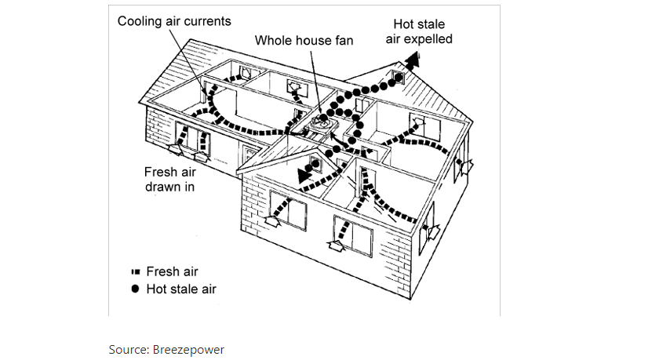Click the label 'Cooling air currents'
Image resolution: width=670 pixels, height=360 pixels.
(x=174, y=21)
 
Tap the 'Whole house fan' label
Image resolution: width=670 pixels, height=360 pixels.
(x=303, y=40)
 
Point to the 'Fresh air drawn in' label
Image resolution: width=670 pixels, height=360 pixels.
(x=169, y=180)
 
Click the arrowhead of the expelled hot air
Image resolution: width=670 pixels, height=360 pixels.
(x=414, y=57)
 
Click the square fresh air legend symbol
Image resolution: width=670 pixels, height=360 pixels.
(x=135, y=272)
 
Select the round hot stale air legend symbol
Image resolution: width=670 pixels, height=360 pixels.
(x=135, y=289)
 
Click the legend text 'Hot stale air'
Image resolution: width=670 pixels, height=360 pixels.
(x=181, y=289)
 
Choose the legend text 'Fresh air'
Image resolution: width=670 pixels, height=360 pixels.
(x=173, y=271)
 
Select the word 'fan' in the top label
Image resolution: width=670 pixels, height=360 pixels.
(x=344, y=40)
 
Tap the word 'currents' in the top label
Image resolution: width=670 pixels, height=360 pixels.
(x=208, y=21)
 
